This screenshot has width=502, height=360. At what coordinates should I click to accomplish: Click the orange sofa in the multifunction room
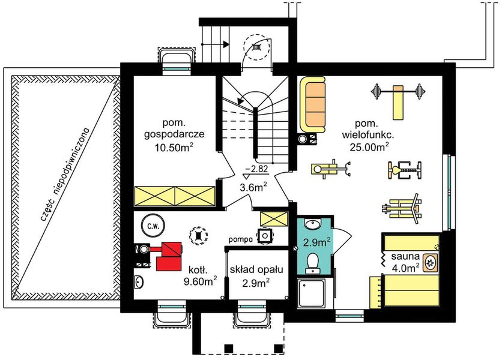coord(313,104)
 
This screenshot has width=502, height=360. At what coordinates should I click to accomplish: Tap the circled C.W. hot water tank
coord(153,226)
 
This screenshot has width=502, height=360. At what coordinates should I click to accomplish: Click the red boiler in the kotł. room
coord(169,256)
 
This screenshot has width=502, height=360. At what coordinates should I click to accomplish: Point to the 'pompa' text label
coord(241,239)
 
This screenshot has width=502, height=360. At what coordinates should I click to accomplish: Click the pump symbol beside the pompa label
coord(265,236)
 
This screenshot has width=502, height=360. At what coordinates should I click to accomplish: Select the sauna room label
coord(405,256)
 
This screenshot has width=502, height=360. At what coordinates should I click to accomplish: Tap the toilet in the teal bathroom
coord(312,263)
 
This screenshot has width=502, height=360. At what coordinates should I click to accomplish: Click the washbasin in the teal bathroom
coord(312,224)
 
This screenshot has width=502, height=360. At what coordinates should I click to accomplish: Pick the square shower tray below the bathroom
coord(312,293)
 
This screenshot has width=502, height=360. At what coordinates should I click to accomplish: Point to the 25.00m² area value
coord(369,146)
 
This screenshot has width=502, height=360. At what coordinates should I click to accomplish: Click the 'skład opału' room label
coord(256,270)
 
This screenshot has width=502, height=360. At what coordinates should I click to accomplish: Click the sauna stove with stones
coord(431,262)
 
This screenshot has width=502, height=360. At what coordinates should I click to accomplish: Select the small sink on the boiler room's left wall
coord(139,283)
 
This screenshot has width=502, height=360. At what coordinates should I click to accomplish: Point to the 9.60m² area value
coord(200,281)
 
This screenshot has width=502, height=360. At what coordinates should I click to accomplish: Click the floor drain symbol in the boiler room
coord(199,236)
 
